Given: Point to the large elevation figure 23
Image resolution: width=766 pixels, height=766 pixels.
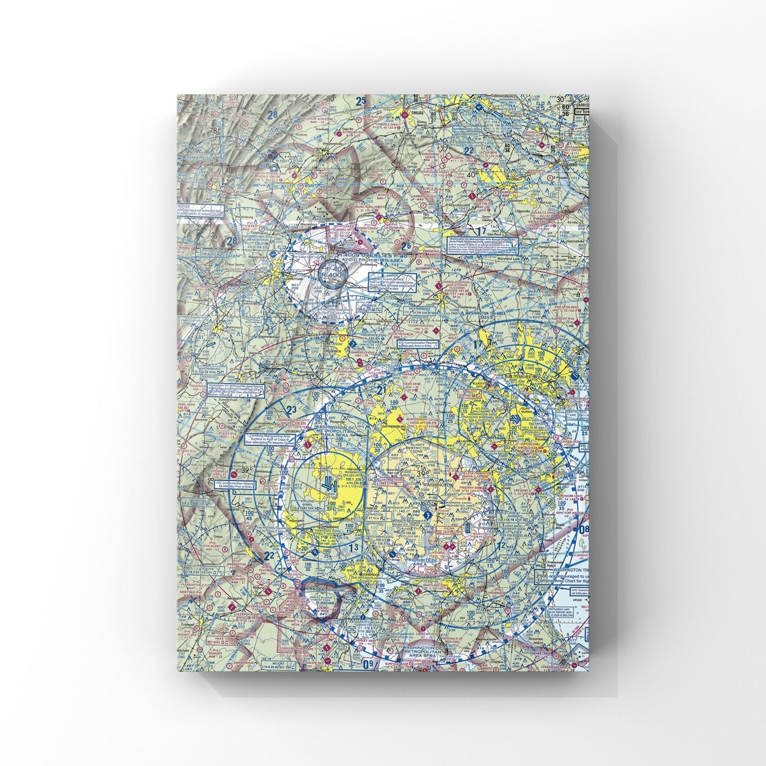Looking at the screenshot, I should [291, 411].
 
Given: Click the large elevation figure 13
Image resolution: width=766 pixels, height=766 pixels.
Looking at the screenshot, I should [353, 548].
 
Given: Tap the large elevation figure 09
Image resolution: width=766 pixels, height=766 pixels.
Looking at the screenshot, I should [368, 664].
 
